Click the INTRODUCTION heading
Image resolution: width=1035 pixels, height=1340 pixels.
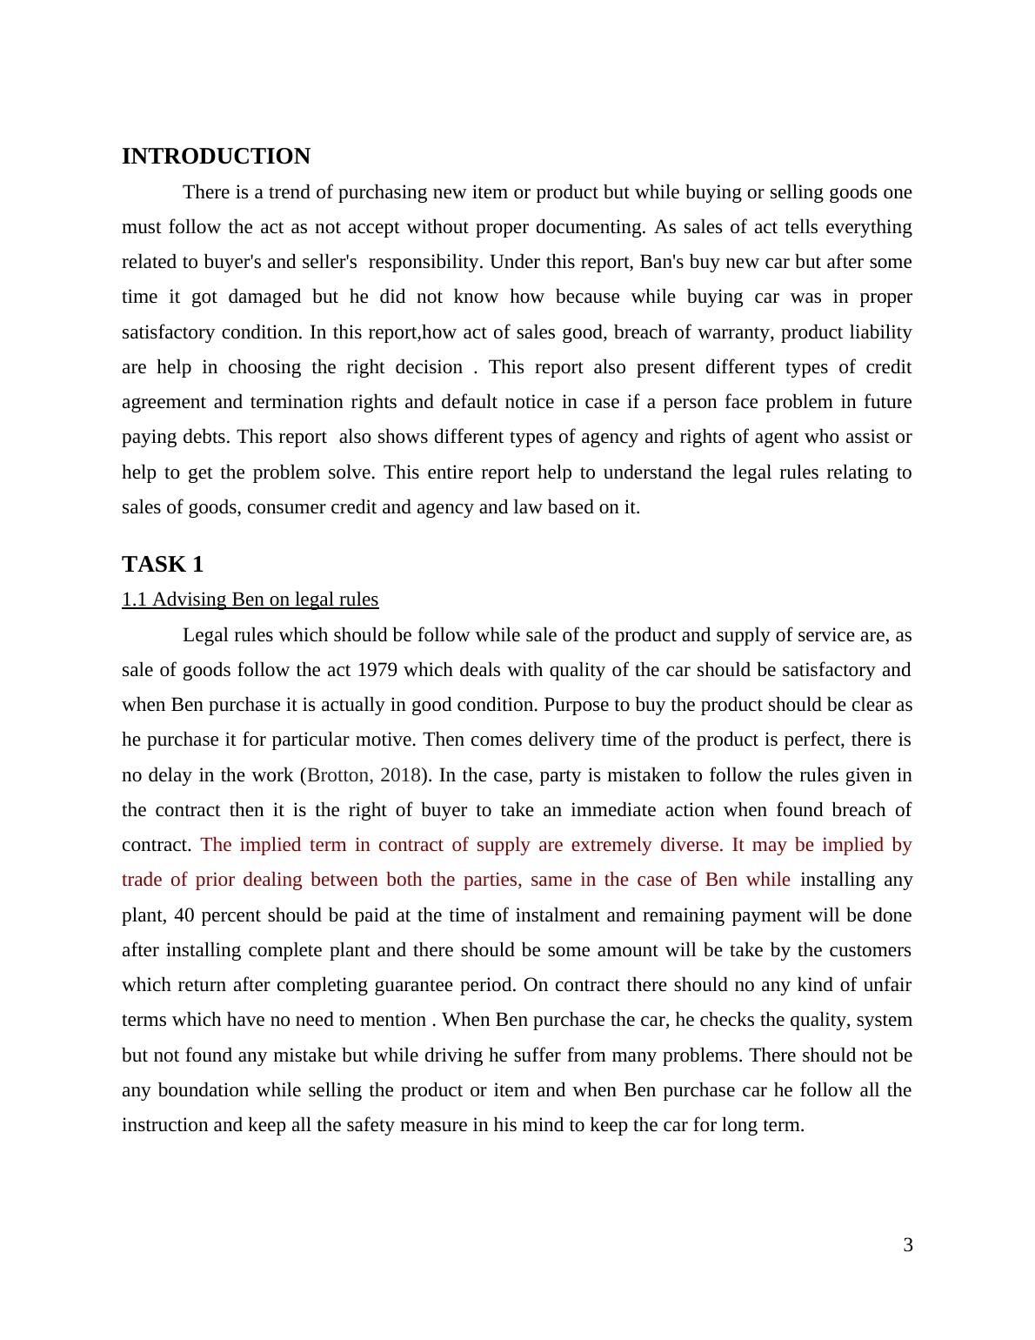tap(216, 157)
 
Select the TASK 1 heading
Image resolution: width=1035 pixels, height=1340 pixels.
tap(163, 565)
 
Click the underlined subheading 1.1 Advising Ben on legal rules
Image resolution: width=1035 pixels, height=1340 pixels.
tap(250, 600)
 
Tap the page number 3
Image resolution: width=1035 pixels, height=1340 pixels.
tap(908, 1245)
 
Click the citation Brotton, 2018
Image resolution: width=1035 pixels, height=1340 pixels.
tap(364, 775)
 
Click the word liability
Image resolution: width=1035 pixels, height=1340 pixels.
tap(877, 332)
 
